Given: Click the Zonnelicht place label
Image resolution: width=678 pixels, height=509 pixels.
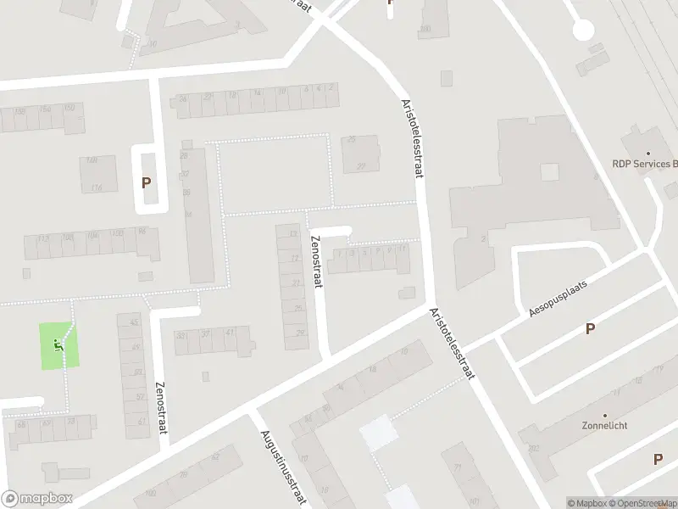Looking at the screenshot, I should (604, 426).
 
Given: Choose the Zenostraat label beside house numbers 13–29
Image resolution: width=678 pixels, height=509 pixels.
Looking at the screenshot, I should (318, 260).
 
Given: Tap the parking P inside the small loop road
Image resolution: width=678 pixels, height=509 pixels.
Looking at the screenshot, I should (147, 182).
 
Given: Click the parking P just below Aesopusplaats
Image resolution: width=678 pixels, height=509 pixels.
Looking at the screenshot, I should (590, 329).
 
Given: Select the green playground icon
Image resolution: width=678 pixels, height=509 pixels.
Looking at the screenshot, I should (58, 344).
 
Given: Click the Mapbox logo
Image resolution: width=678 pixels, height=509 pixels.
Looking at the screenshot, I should (36, 499).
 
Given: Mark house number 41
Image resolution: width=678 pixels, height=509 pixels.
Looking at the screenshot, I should (230, 333).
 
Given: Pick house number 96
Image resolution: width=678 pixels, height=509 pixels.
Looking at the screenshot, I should (142, 232).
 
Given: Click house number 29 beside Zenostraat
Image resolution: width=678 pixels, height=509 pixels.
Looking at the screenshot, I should (300, 333).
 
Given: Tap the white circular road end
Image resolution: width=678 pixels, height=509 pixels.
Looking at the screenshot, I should (583, 30).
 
